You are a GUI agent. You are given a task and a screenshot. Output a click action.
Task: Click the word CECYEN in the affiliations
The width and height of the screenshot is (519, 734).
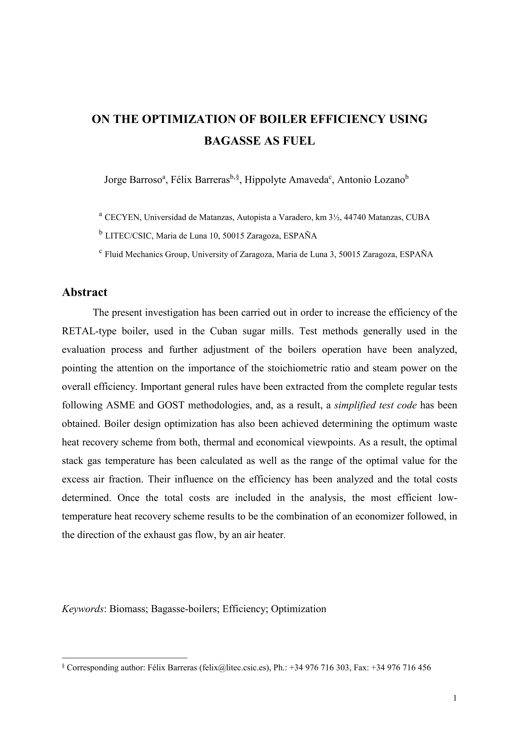coord(123,218)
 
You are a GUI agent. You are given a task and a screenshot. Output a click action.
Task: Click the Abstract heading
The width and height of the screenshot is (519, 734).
coord(85,292)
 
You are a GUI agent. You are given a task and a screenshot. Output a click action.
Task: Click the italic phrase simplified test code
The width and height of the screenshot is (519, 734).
coord(375,405)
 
